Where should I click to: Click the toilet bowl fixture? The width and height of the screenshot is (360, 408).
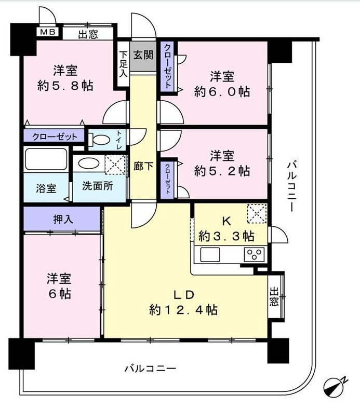point(101,139)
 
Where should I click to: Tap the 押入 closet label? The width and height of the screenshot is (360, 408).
point(62,219)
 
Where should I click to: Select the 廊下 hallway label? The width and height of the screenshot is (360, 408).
point(143,167)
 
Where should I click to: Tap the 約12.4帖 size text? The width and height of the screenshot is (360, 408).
point(183,310)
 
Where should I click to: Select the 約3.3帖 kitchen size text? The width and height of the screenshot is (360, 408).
point(226,236)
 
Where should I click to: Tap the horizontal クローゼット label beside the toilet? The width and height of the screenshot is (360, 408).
point(55,137)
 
